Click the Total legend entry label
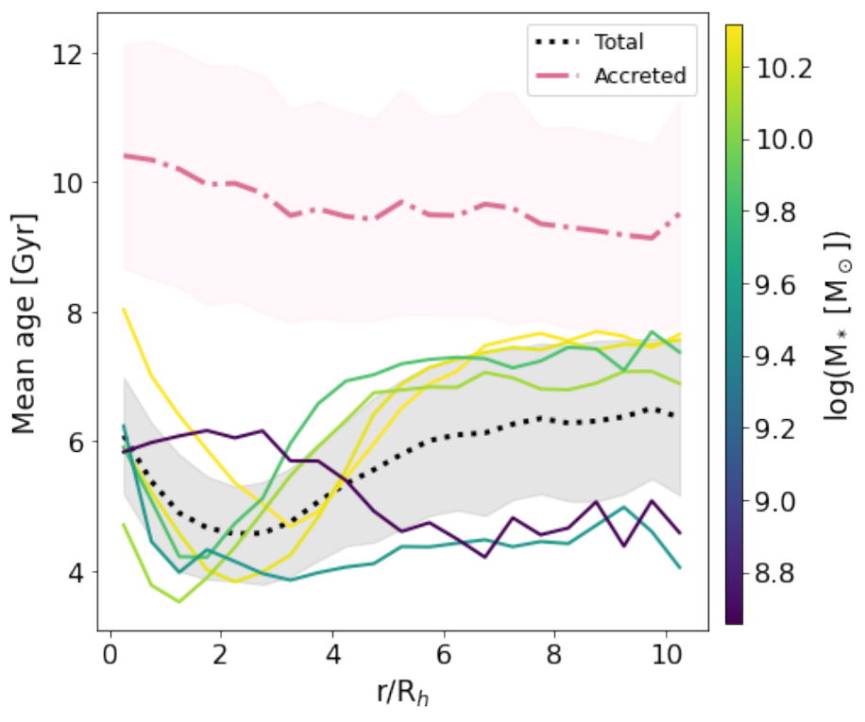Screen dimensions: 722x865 coord(619,42)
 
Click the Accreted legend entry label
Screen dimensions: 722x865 coord(639,76)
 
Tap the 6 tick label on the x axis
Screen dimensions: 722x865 coord(444,653)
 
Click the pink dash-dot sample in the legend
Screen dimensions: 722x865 coord(557,76)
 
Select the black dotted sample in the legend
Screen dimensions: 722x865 coord(557,42)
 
